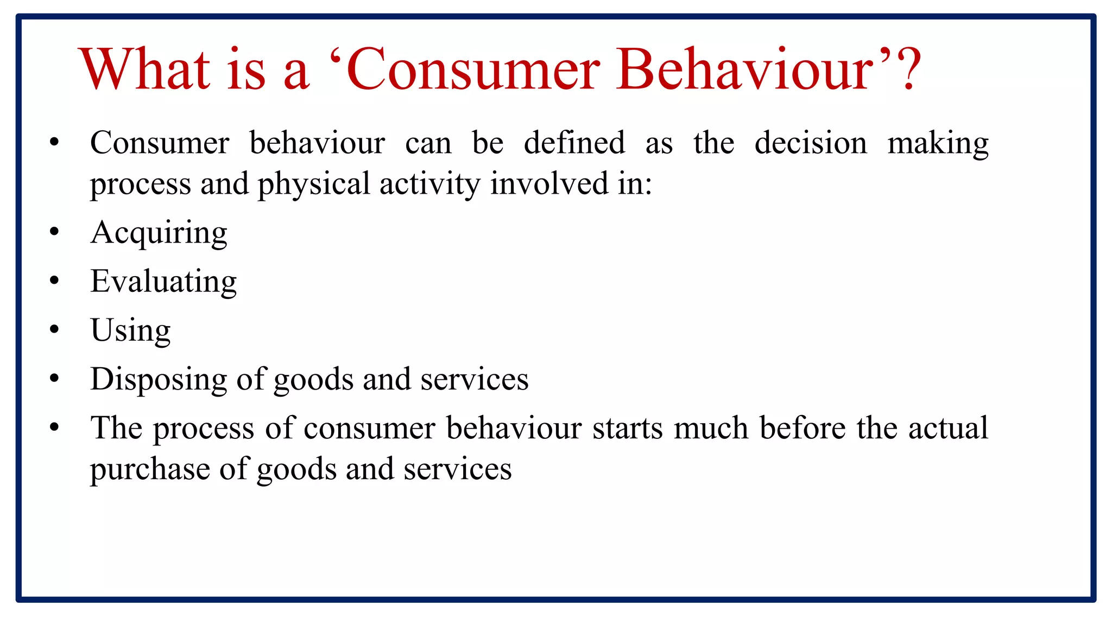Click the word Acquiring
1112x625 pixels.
(159, 233)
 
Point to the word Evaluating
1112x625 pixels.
(163, 282)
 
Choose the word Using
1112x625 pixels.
(130, 330)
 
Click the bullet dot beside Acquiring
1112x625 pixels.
(54, 232)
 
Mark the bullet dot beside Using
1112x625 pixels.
(54, 329)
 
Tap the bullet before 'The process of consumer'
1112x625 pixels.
(54, 427)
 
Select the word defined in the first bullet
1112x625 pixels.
(574, 143)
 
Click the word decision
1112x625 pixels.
(811, 143)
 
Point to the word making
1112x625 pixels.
(938, 144)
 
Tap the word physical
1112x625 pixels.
(313, 184)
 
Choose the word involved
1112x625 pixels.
(549, 183)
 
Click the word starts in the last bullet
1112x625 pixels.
(627, 428)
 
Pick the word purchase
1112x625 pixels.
(150, 469)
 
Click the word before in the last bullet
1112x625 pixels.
(803, 428)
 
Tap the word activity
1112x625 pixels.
(430, 184)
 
